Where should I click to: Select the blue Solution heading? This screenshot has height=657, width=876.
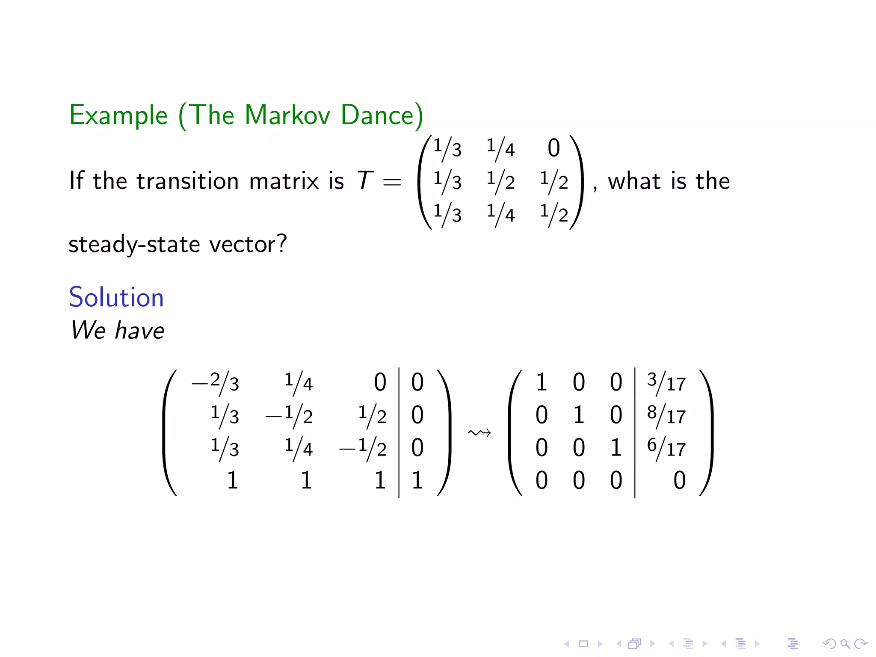(116, 297)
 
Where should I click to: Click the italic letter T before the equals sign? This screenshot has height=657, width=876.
(365, 181)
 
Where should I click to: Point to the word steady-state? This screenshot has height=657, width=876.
(134, 244)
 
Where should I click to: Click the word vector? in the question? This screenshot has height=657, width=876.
(248, 244)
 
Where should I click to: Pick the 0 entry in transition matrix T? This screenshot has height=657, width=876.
(553, 148)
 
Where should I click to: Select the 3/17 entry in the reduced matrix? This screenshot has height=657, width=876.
(666, 382)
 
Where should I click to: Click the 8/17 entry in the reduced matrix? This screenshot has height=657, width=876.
(666, 415)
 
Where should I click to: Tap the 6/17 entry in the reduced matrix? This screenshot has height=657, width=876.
(666, 447)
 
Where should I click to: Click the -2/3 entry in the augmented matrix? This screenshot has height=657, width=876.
(215, 382)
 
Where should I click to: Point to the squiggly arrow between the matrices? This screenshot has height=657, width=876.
(479, 433)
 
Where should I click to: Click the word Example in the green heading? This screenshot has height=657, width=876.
(118, 116)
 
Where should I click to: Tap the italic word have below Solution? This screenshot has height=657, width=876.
(139, 331)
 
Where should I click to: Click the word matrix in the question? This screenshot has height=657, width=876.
(284, 181)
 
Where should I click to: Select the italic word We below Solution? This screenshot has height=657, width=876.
(88, 331)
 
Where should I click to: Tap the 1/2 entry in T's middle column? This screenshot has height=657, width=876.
(500, 181)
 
